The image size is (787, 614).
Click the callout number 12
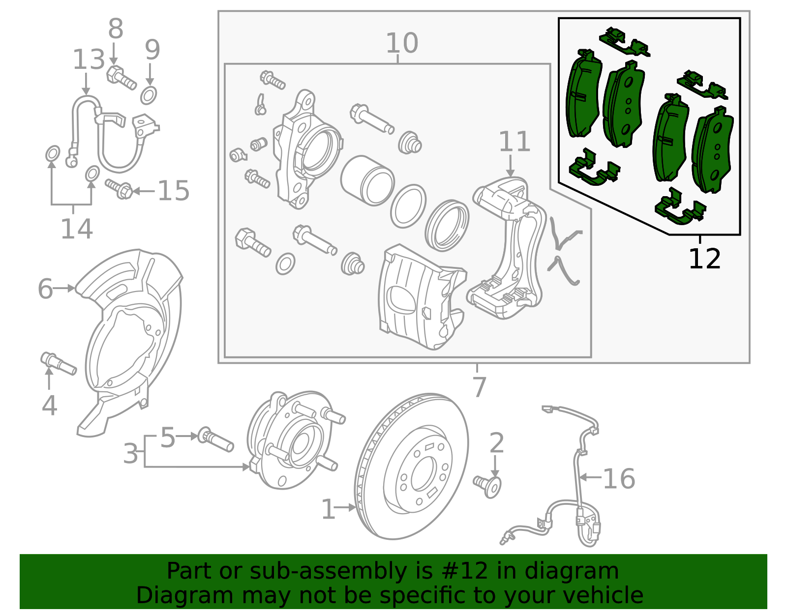coord(704,259)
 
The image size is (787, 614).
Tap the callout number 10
coord(401,43)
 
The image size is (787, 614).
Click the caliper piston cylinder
coord(367,180)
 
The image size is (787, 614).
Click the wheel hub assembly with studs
coord(290,440)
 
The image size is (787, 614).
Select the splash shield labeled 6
coord(130,339)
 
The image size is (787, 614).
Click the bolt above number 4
coord(58,364)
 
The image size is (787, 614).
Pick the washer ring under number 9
coord(149,95)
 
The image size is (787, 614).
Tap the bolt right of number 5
coord(215,439)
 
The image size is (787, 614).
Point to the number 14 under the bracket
coord(76,229)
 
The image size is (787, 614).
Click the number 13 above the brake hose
coord(89,60)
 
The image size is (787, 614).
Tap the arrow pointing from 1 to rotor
coord(346,507)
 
